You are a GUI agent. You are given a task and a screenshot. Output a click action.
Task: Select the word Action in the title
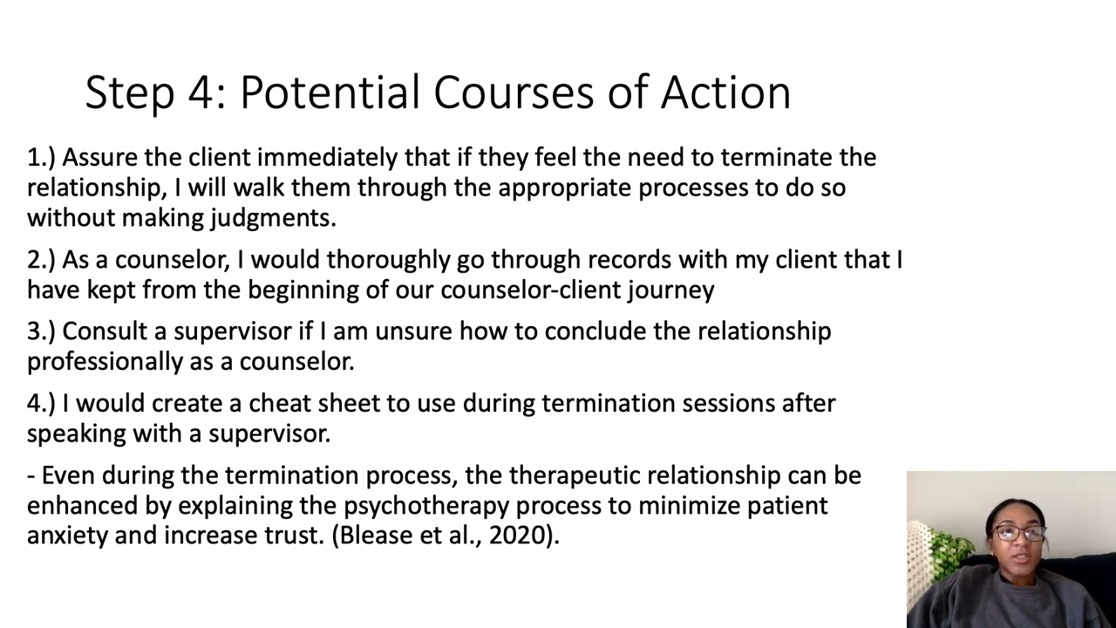(x=725, y=92)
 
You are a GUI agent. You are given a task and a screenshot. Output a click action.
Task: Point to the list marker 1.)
(x=41, y=158)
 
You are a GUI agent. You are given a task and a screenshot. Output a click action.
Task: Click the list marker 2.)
(x=41, y=260)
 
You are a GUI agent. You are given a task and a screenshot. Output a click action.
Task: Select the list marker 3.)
(x=41, y=331)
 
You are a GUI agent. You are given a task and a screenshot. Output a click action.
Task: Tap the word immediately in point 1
(x=328, y=158)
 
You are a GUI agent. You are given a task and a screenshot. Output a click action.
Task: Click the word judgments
(x=273, y=218)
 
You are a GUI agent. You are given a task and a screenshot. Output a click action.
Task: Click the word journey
(x=670, y=290)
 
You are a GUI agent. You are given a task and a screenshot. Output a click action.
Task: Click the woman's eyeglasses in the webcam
(x=1016, y=533)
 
